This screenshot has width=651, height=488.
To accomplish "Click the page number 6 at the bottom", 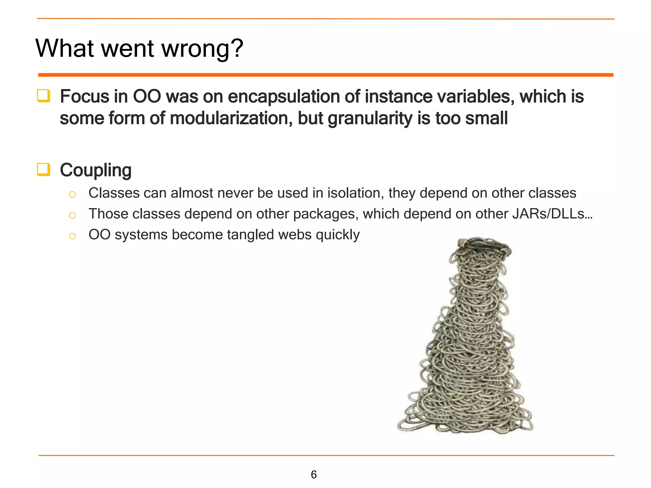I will pyautogui.click(x=314, y=474).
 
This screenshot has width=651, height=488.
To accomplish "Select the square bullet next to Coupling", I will pyautogui.click(x=44, y=169).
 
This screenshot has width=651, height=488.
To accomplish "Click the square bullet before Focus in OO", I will pyautogui.click(x=44, y=96).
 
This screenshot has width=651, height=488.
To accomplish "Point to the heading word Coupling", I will pyautogui.click(x=96, y=170).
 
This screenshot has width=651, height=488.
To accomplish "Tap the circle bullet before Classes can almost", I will pyautogui.click(x=72, y=194).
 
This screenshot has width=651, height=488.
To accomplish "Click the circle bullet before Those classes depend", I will pyautogui.click(x=72, y=215).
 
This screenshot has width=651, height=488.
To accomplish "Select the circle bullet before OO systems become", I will pyautogui.click(x=72, y=236).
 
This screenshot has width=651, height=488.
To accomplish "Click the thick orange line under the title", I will pyautogui.click(x=325, y=75).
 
